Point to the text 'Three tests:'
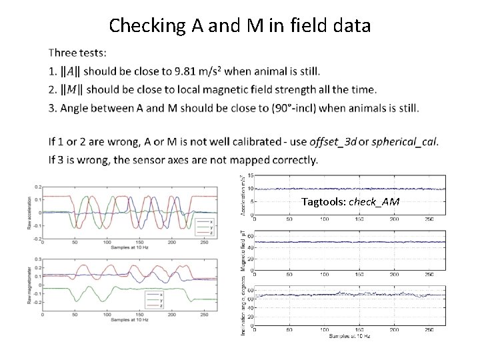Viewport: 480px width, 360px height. (76, 53)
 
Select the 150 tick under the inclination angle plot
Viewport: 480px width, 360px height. (361, 330)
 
